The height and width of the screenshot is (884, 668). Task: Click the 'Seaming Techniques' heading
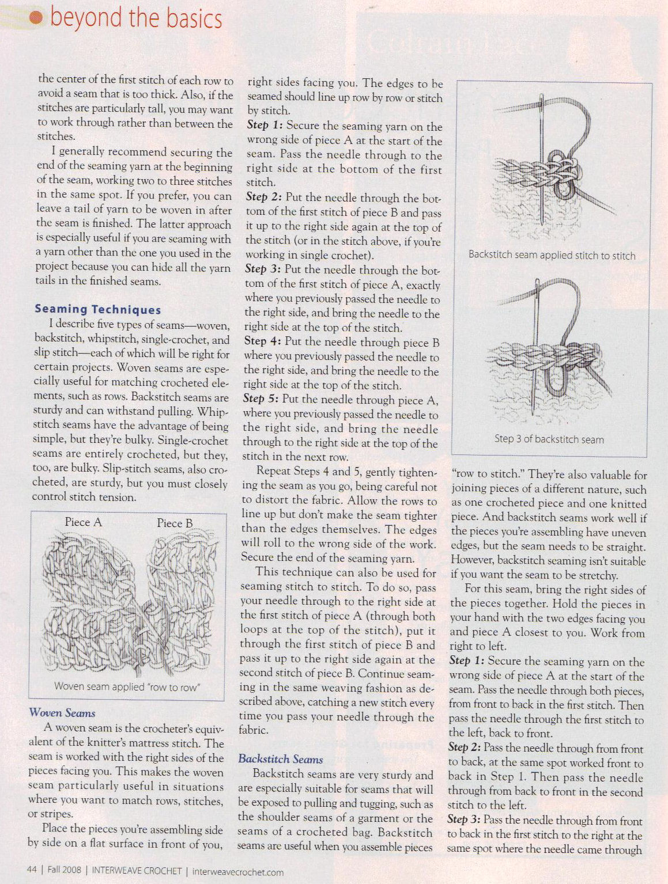click(x=97, y=309)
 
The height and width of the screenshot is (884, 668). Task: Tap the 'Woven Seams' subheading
click(x=62, y=713)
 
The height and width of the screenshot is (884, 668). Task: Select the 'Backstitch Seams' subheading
click(x=280, y=759)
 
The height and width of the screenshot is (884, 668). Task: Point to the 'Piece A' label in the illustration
click(x=83, y=522)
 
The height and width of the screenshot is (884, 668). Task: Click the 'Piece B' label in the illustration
click(x=175, y=523)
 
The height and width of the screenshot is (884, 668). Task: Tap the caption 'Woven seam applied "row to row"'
click(x=127, y=686)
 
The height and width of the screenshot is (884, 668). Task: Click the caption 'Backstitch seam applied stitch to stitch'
click(x=552, y=255)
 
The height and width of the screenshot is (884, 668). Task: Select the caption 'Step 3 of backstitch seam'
click(x=549, y=439)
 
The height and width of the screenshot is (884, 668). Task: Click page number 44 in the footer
click(x=32, y=870)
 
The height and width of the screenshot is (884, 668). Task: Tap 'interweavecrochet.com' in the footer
click(x=237, y=871)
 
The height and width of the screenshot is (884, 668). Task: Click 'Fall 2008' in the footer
click(x=64, y=870)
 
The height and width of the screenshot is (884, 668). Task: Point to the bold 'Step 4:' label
click(x=263, y=342)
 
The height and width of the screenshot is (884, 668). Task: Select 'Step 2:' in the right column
click(x=465, y=748)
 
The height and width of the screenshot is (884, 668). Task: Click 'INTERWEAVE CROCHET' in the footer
click(x=137, y=870)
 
